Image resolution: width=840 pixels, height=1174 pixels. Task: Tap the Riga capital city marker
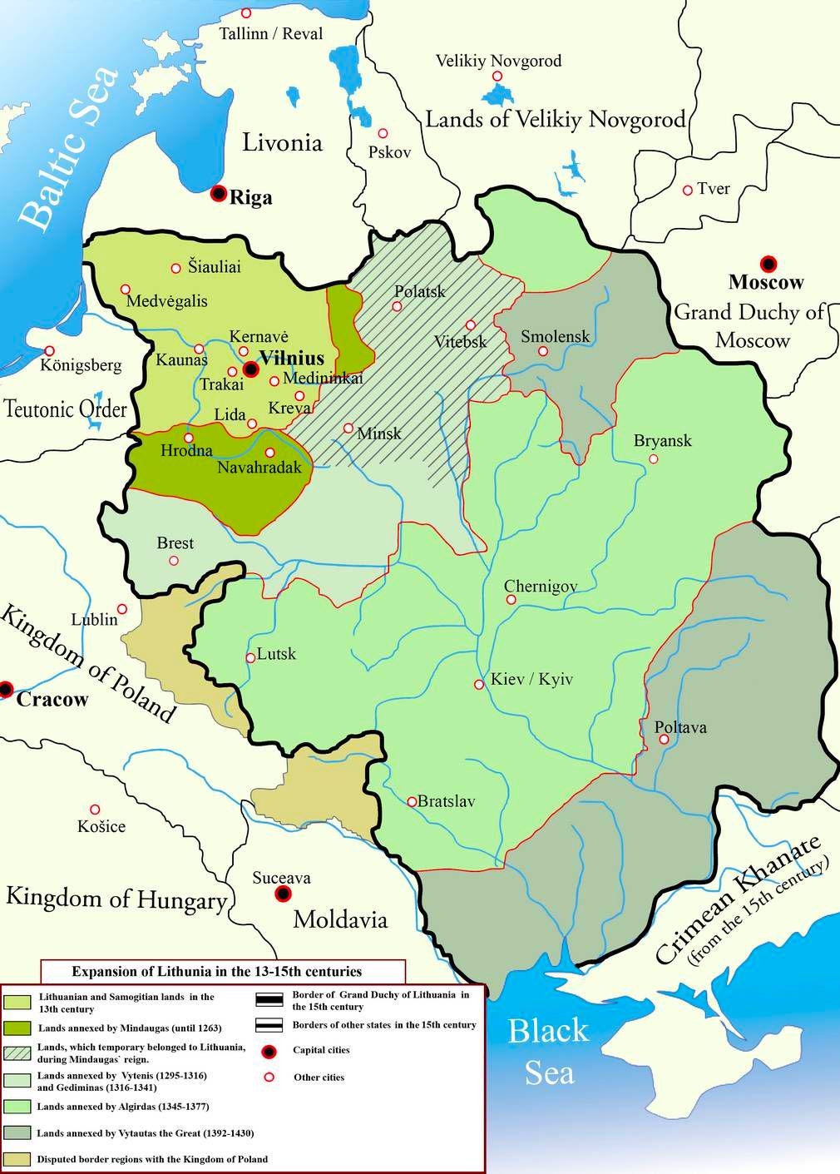[x=219, y=193]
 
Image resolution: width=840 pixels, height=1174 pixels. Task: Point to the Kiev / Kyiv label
[x=531, y=680]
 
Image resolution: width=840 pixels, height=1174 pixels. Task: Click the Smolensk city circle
[x=542, y=351]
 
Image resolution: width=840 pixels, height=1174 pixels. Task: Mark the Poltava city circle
[x=663, y=739]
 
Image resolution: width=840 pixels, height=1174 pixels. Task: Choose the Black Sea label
[x=548, y=1052]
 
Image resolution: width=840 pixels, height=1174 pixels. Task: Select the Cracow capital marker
[x=7, y=689]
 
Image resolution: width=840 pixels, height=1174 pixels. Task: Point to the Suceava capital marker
[x=284, y=894]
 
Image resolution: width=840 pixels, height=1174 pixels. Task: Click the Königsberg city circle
[x=50, y=351]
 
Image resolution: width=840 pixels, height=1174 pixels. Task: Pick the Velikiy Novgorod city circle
[x=497, y=77]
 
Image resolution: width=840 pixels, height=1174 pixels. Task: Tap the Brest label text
[x=175, y=543]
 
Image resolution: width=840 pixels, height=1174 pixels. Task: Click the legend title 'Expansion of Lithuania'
[x=216, y=971]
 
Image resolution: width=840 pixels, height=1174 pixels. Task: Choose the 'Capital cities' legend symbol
[x=269, y=1051]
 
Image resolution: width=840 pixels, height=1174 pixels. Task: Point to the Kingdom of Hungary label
[x=116, y=899]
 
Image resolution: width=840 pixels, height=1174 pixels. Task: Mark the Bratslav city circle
[x=412, y=802]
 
